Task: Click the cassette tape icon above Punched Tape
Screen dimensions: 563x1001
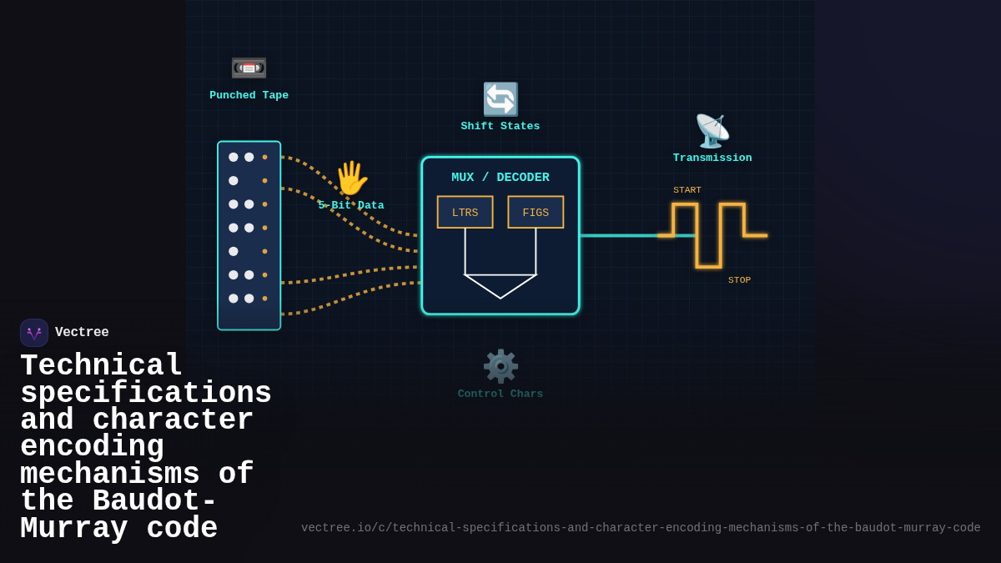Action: (249, 67)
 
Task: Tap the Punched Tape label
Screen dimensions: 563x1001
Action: (249, 95)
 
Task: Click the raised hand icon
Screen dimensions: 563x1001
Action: (350, 178)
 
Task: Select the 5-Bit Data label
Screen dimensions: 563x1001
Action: (351, 205)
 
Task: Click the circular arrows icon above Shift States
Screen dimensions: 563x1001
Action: (500, 99)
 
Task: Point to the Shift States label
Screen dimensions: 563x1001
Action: (500, 126)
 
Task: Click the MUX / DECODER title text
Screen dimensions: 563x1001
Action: (500, 178)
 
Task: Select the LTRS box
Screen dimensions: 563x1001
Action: (465, 212)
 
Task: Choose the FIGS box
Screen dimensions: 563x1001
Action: (536, 212)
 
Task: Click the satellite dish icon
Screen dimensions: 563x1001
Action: (712, 131)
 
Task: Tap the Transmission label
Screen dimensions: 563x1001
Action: (712, 158)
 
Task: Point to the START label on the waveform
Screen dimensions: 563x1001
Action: (687, 190)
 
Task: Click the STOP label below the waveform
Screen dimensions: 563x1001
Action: (739, 280)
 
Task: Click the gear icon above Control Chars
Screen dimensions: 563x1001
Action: (500, 366)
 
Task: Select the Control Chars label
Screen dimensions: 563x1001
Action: (500, 394)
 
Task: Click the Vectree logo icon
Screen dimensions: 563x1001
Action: (34, 333)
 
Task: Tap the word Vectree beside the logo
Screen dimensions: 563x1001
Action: (82, 333)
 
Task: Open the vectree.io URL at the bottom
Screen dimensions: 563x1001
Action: (641, 528)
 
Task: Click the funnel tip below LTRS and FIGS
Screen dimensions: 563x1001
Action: (500, 295)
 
